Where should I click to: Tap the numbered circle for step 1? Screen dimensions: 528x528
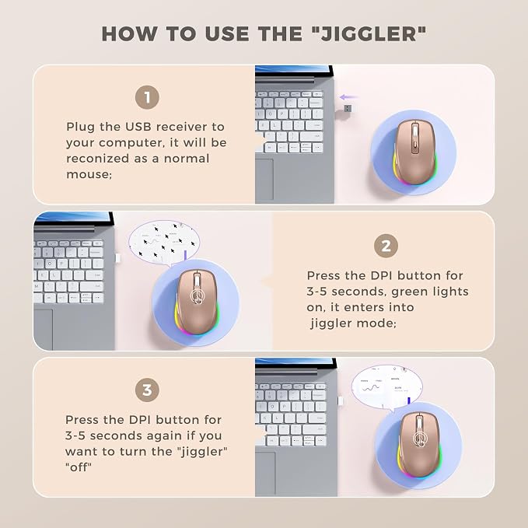147,97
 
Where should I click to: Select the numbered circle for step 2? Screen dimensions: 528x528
386,247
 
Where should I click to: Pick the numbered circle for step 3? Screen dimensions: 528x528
147,390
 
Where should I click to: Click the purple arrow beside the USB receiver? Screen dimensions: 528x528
348,97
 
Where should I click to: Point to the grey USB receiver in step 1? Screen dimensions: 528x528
348,109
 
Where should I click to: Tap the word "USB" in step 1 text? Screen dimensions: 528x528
138,127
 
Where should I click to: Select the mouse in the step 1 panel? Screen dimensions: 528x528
415,152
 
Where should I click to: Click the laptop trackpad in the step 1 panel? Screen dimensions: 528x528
264,179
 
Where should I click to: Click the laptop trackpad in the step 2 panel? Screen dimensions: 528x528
43,330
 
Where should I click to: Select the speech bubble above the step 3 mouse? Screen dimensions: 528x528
387,387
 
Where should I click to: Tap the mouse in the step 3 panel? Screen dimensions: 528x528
419,445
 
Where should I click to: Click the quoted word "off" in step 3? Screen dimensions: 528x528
78,467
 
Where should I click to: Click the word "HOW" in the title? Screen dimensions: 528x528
130,34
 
